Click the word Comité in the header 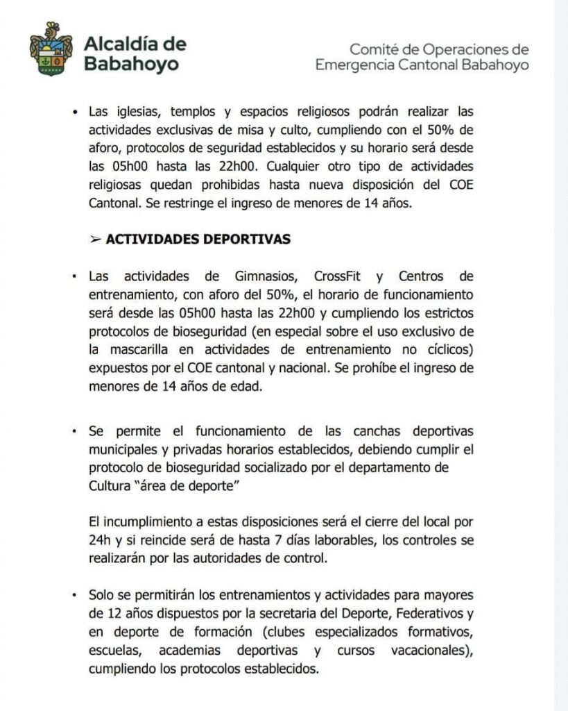pos(375,50)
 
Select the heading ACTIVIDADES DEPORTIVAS pos(198,239)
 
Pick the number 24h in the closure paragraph pos(101,539)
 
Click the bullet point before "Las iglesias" pos(74,112)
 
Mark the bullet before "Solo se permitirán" pos(74,596)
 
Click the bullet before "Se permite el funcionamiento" pos(74,430)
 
